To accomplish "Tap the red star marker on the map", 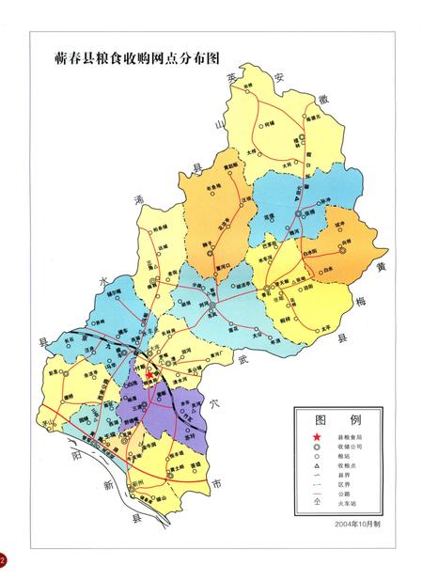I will (x=148, y=373).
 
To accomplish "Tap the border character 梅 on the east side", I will (x=358, y=301).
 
